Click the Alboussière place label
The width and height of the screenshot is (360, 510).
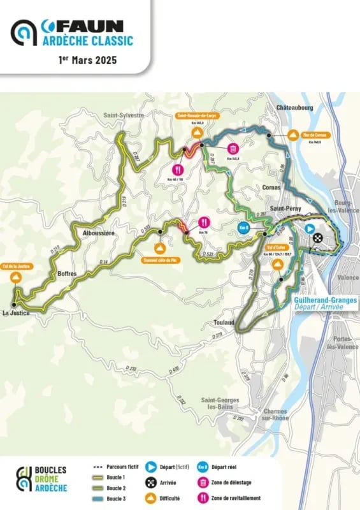pos(99,233)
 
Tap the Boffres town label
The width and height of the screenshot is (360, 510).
pos(67,273)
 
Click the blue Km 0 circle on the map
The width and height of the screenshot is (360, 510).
pos(243,228)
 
